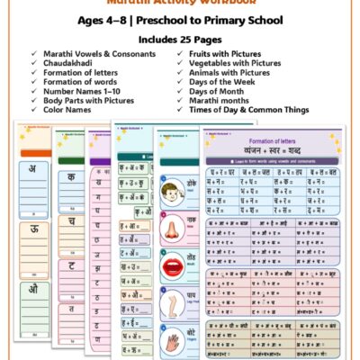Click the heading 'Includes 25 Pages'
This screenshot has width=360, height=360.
tap(179, 40)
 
